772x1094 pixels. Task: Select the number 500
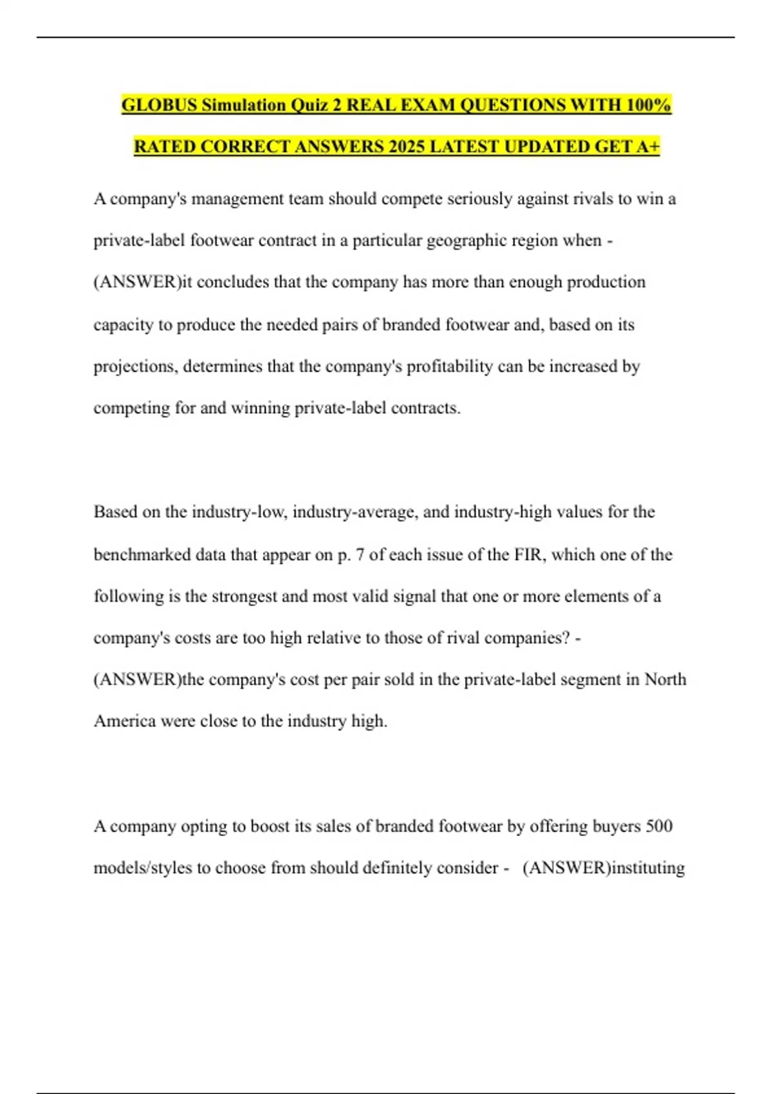[658, 826]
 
